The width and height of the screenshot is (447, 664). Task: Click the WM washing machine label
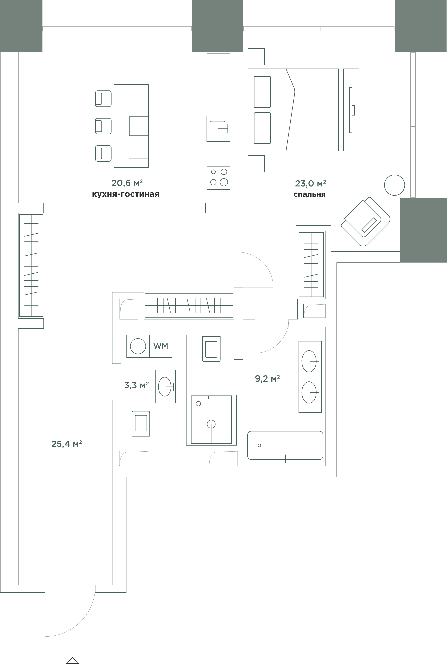point(161,346)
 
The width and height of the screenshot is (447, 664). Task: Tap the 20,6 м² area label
point(127,183)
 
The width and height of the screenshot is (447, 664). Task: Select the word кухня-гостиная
point(126,194)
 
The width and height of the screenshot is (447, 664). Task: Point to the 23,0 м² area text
point(310,183)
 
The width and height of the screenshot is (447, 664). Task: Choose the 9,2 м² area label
point(267,378)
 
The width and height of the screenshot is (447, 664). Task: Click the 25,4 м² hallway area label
point(66,444)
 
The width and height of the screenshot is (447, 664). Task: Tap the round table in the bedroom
point(394,185)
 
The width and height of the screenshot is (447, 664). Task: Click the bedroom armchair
point(365,222)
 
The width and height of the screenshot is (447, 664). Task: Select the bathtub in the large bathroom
point(285,445)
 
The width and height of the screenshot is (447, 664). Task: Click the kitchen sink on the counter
point(218,128)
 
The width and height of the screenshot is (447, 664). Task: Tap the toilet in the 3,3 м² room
point(141,424)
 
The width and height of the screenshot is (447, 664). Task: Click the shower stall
point(211,419)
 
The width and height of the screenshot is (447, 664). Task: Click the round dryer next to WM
point(138,346)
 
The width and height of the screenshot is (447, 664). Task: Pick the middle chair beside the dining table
point(103,126)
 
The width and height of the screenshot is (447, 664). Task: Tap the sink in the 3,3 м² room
point(166,387)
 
